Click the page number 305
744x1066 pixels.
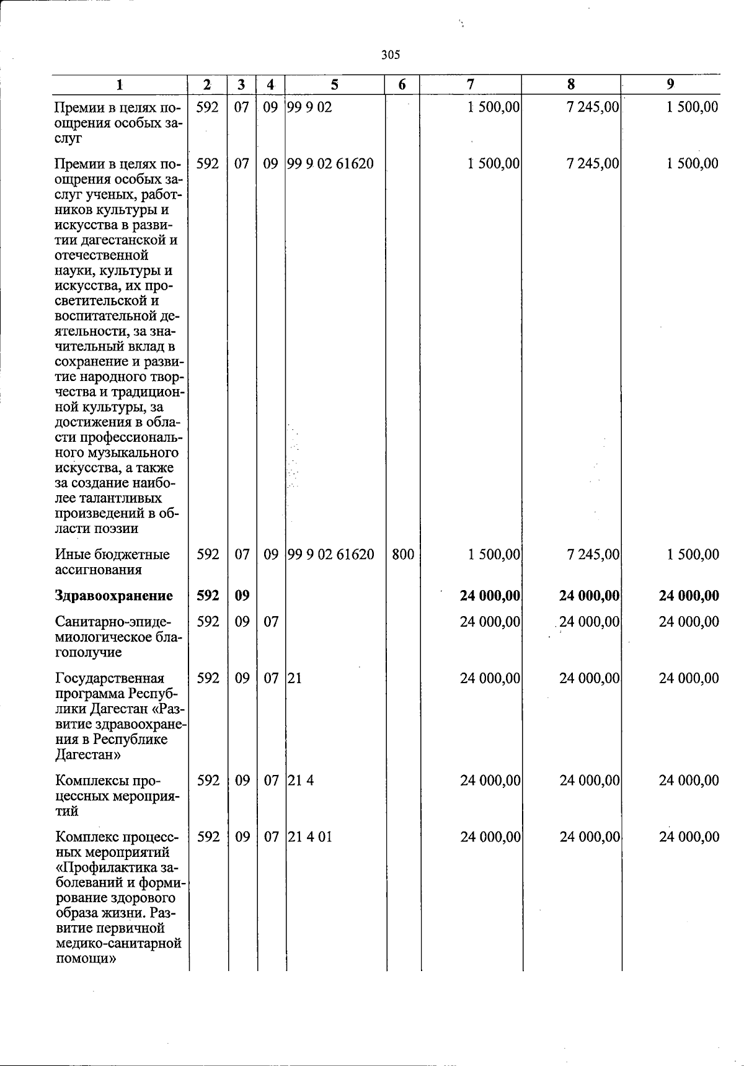point(391,55)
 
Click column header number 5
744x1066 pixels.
point(335,84)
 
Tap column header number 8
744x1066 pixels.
point(571,84)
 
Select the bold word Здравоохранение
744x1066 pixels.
point(114,596)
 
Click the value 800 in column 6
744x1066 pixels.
point(403,554)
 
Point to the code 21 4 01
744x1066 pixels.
point(309,836)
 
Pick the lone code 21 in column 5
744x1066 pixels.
point(294,678)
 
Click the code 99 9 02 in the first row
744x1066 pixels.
point(309,107)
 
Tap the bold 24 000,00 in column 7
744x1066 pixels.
point(490,596)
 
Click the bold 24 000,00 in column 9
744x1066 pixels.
point(689,596)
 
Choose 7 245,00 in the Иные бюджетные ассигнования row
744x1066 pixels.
point(593,554)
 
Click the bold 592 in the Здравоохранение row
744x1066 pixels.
point(208,596)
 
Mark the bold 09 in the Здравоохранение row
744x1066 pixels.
point(242,596)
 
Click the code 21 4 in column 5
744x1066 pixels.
point(300,780)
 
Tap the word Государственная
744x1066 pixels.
point(110,678)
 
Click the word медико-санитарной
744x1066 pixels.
point(118,943)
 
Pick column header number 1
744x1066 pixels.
point(120,84)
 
